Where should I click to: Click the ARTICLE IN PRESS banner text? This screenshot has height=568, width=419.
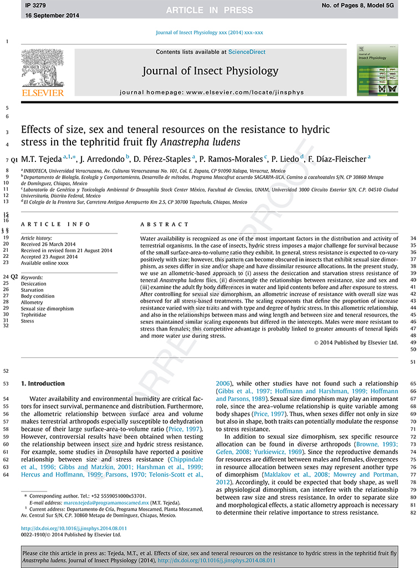click(210, 10)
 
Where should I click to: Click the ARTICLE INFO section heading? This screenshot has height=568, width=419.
click(55, 224)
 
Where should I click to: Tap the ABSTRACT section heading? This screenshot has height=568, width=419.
click(165, 224)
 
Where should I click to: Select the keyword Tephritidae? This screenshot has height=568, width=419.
click(34, 315)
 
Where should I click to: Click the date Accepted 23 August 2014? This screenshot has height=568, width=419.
click(50, 257)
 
